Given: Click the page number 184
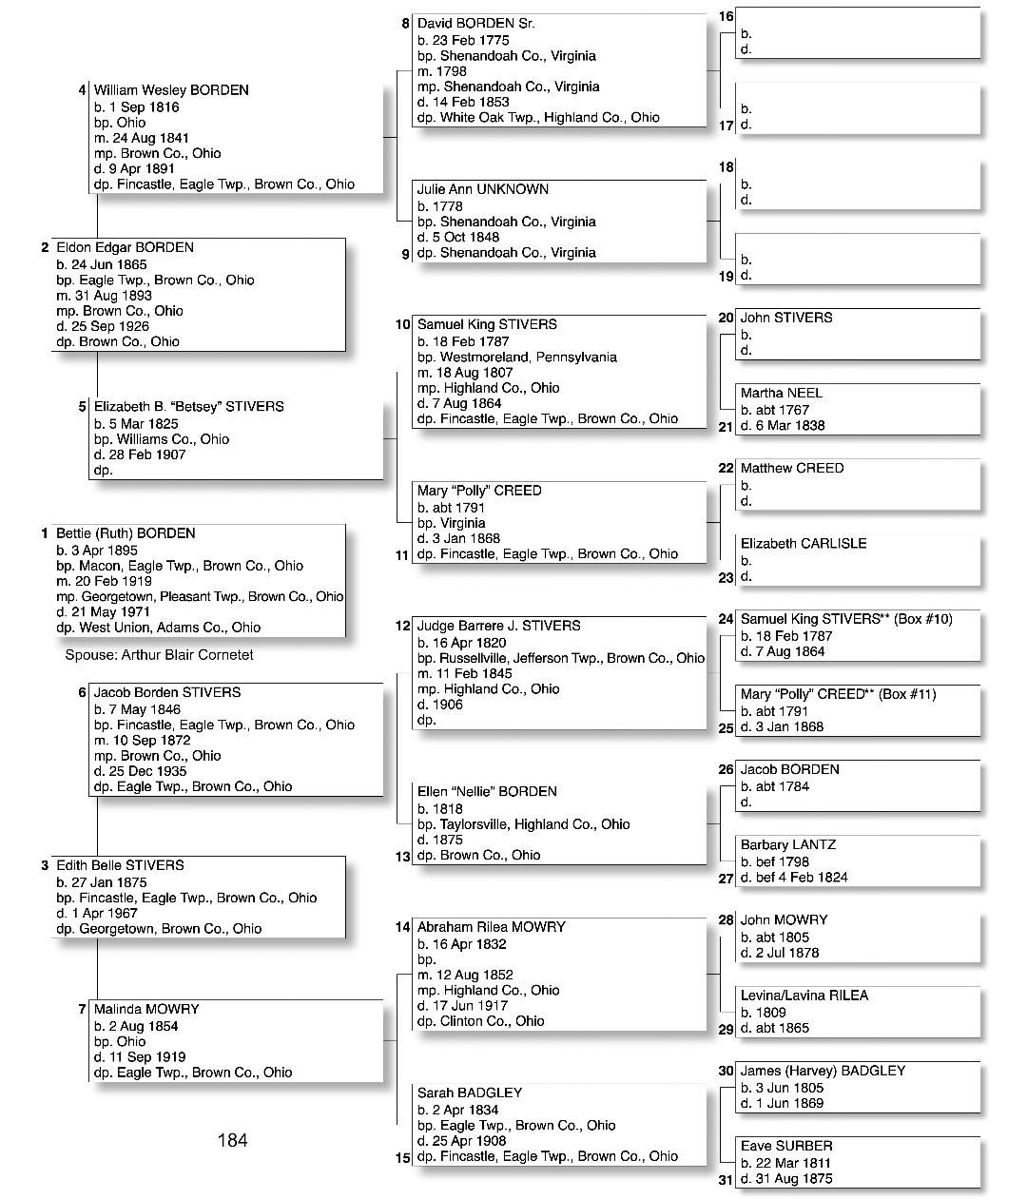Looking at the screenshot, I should click(x=232, y=1140).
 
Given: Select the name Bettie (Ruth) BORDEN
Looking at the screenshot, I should click(x=126, y=533).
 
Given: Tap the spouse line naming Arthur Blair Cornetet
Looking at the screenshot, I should click(x=159, y=655).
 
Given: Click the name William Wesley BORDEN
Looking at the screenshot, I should click(x=171, y=90).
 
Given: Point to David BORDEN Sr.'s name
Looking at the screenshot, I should click(x=475, y=23).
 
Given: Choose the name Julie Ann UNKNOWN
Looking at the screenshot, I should click(x=482, y=189).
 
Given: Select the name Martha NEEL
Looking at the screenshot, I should click(x=782, y=393).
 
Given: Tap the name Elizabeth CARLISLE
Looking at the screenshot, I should click(x=804, y=544).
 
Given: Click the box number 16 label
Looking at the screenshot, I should click(x=726, y=16).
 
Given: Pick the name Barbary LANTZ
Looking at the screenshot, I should click(x=788, y=844).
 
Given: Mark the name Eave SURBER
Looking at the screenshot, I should click(x=786, y=1146).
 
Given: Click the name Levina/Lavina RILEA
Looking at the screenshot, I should click(x=804, y=996).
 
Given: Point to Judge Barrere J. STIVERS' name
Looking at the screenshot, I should click(x=498, y=626).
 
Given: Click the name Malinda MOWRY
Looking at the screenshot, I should click(x=146, y=1009).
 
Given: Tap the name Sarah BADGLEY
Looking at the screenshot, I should click(x=470, y=1093).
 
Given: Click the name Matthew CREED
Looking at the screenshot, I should click(x=792, y=468).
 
